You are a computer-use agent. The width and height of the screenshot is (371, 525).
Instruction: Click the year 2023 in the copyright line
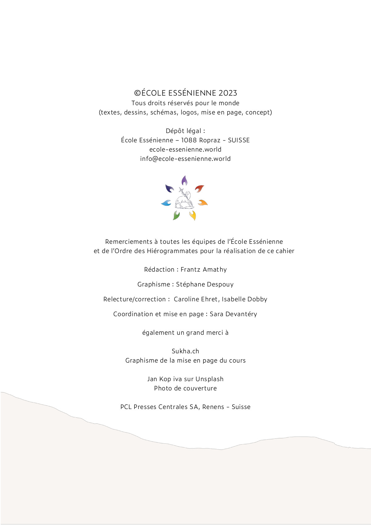228,93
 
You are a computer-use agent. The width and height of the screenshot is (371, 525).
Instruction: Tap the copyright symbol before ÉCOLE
137,93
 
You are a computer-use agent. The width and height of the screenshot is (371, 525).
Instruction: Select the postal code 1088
189,140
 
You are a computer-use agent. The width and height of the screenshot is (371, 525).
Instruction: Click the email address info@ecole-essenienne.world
185,159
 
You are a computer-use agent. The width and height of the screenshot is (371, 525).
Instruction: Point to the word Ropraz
210,140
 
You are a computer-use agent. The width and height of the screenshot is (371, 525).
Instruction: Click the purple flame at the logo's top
184,180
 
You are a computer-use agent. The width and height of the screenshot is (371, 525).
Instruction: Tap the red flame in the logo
199,188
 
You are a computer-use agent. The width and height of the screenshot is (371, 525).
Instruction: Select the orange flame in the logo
203,203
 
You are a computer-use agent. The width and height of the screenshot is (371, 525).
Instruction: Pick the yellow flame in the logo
193,215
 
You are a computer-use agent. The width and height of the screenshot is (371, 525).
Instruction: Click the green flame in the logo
176,215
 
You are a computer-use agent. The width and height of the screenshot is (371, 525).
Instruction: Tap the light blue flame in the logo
166,203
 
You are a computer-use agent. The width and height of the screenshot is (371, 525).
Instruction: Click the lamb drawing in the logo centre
184,200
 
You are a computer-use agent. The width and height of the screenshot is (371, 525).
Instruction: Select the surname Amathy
215,269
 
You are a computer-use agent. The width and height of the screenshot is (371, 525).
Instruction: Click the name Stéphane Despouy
205,284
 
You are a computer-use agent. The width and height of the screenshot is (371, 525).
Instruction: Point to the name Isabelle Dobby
244,299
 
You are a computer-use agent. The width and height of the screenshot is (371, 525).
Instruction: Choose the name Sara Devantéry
233,314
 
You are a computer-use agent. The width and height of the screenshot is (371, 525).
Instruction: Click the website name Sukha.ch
185,351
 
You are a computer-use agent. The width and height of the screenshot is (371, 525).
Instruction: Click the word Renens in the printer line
213,407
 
